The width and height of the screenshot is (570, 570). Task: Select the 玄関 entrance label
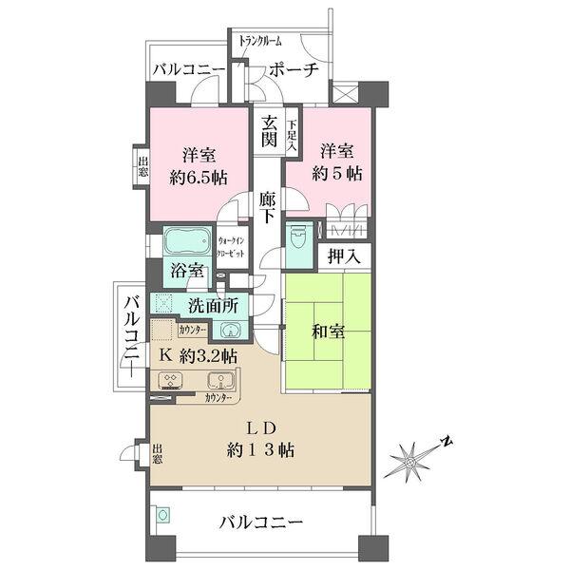click(x=269, y=130)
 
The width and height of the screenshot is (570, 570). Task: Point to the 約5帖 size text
click(x=339, y=176)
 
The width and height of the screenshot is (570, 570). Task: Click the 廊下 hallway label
click(x=268, y=206)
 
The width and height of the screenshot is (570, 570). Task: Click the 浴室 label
click(x=187, y=271)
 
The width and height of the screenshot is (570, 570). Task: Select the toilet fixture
click(x=298, y=235)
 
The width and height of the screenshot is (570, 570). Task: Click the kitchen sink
click(x=221, y=381)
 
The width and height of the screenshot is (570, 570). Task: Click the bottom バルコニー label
click(x=260, y=521)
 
